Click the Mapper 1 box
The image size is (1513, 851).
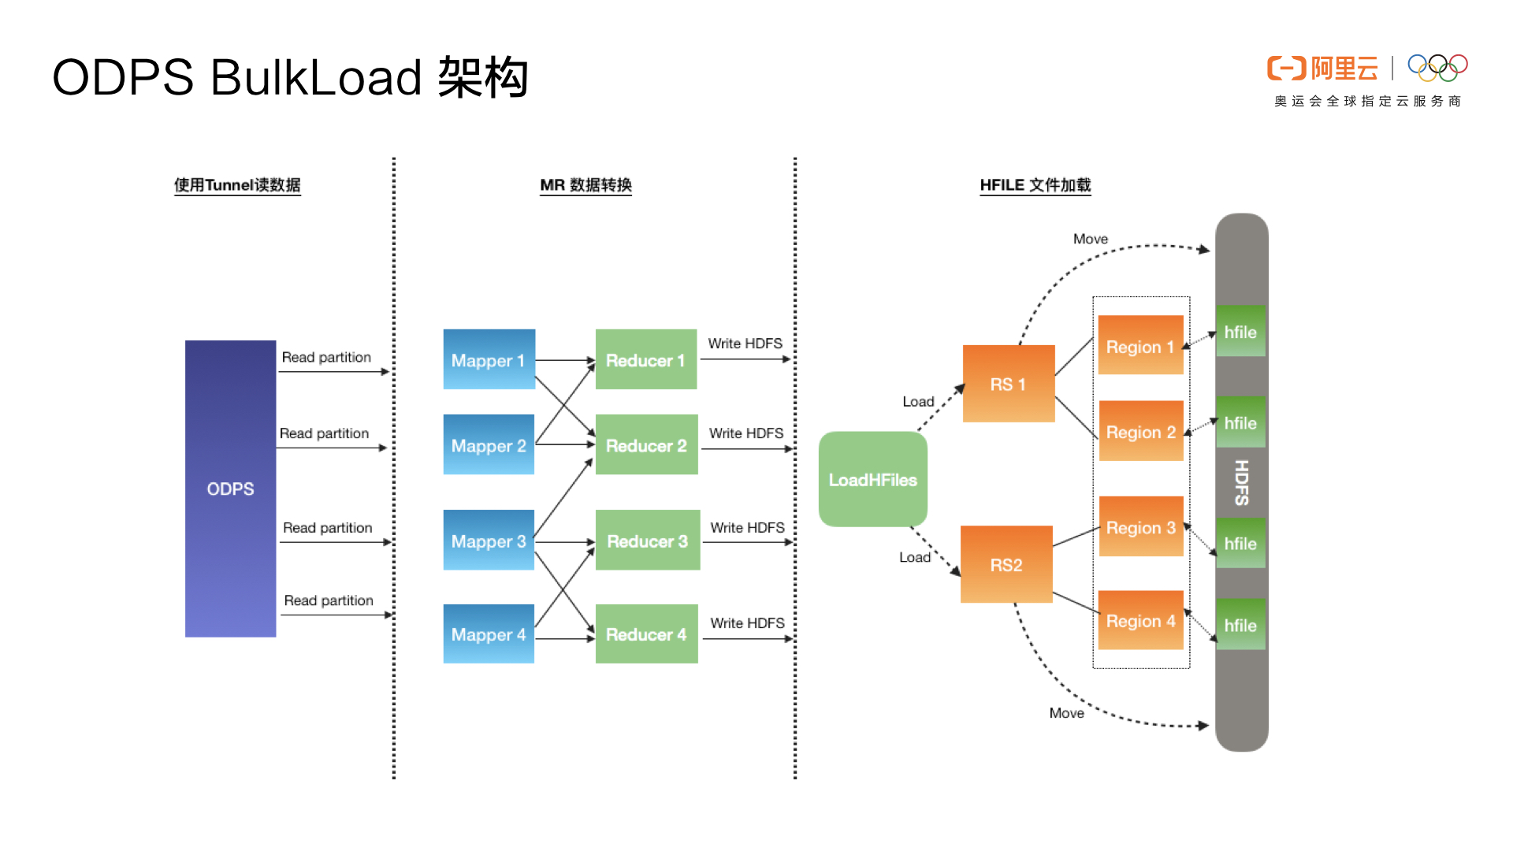[489, 359]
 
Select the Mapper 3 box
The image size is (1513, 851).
[489, 541]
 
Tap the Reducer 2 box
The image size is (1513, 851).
[646, 445]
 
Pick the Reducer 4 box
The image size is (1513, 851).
[646, 634]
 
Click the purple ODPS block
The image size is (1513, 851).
[230, 489]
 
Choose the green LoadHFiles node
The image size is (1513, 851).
[872, 479]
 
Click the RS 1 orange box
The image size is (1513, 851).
[1008, 384]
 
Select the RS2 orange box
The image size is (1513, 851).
[1006, 564]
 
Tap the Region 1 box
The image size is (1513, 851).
[1140, 346]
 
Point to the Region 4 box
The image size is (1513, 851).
[1140, 620]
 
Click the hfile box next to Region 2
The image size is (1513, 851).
[1240, 422]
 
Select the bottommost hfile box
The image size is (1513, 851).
[1240, 625]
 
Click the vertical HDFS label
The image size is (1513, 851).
[1242, 482]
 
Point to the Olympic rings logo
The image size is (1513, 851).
[1437, 67]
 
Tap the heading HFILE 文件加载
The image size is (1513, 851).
[1035, 185]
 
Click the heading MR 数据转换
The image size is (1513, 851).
[585, 185]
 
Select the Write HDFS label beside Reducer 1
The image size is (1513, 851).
[745, 344]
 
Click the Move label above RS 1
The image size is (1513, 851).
[1090, 239]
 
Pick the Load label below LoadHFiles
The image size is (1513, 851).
[914, 557]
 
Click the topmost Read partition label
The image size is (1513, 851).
[326, 357]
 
